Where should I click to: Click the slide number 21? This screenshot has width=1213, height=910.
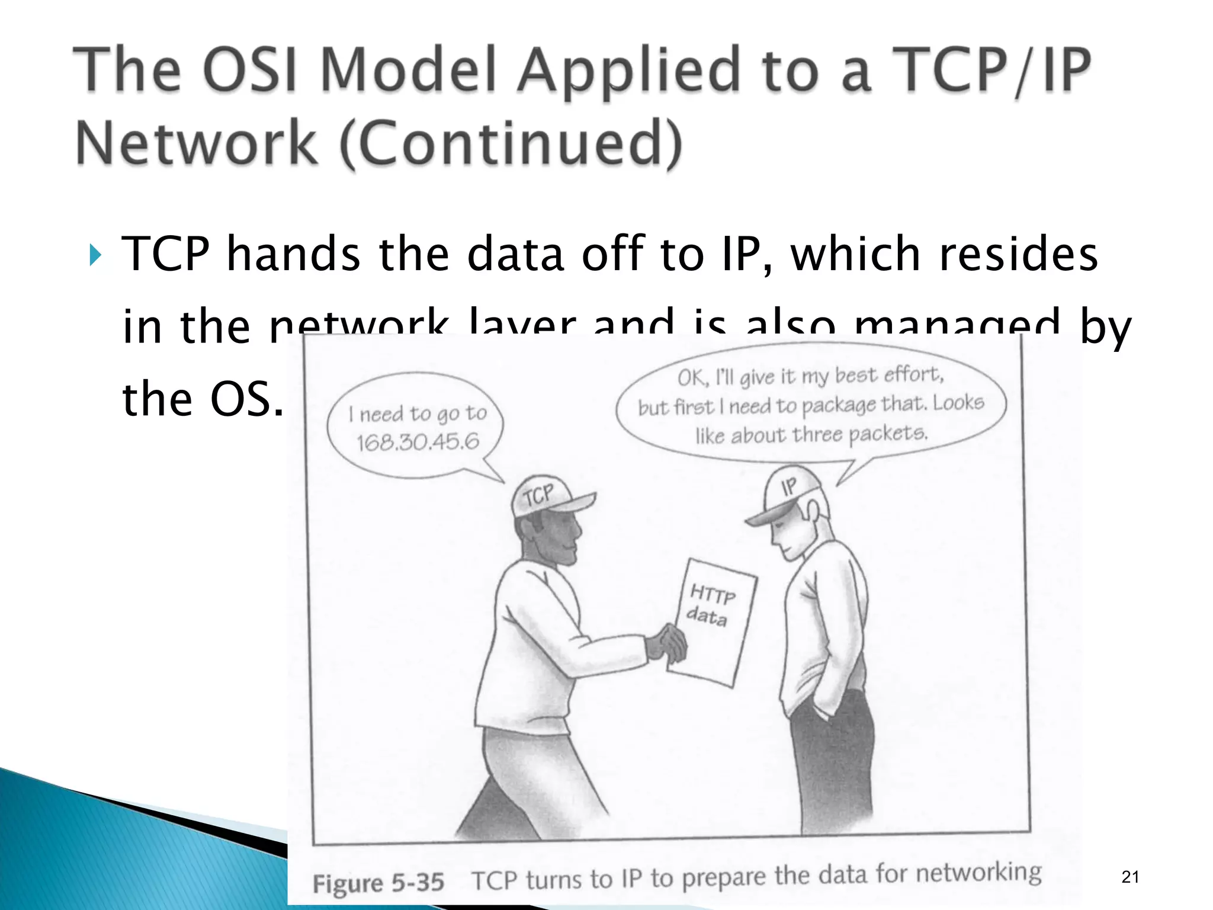[1130, 877]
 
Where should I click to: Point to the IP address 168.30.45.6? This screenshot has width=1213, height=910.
[418, 442]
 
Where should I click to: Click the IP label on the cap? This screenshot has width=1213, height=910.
[789, 487]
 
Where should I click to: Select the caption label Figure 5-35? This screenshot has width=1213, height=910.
[378, 883]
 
